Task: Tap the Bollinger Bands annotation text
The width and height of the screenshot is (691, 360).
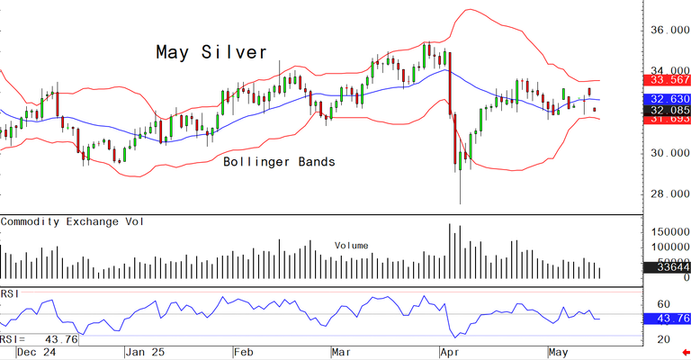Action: (x=279, y=163)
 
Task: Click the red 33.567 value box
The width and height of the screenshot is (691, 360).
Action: (x=670, y=82)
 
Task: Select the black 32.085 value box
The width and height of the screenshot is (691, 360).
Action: (x=670, y=110)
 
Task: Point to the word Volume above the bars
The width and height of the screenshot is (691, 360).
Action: (x=351, y=245)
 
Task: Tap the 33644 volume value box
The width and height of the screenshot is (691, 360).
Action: (x=670, y=266)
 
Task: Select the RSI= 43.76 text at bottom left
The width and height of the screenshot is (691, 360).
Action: (x=40, y=339)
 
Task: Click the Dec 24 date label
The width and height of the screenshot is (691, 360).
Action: (x=35, y=353)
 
